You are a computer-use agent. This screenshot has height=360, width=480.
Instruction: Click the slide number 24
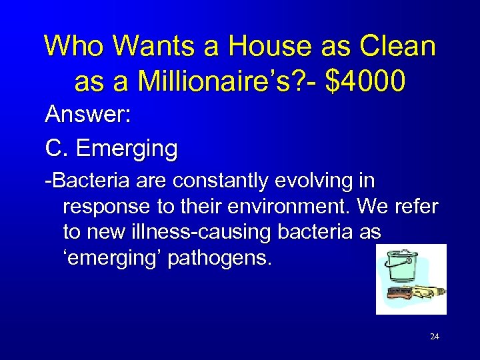click(x=435, y=337)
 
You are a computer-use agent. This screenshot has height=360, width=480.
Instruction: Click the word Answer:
click(x=87, y=115)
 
